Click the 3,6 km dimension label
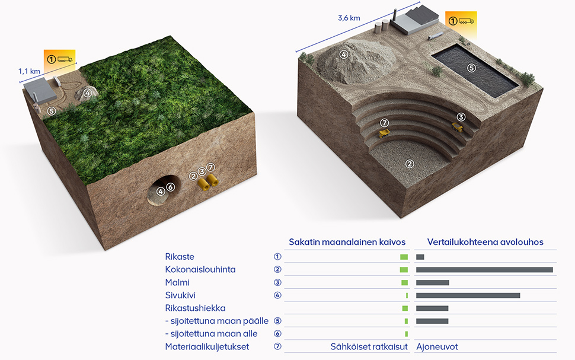(x=349, y=18)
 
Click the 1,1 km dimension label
(x=29, y=71)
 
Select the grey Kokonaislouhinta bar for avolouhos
(x=484, y=270)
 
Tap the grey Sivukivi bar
(x=468, y=295)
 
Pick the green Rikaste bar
(x=404, y=257)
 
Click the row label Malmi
(x=177, y=282)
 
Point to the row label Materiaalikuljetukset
(x=207, y=347)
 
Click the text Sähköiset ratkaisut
(x=369, y=347)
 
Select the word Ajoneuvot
(x=437, y=347)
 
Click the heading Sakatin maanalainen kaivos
(x=347, y=242)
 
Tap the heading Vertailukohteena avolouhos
(x=485, y=242)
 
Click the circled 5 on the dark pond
(x=471, y=68)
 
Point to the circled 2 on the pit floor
(x=410, y=164)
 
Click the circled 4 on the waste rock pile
(x=343, y=55)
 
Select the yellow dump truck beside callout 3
(x=457, y=128)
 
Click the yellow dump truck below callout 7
(x=384, y=133)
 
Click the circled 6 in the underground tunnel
(x=171, y=187)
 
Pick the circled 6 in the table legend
(x=277, y=333)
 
